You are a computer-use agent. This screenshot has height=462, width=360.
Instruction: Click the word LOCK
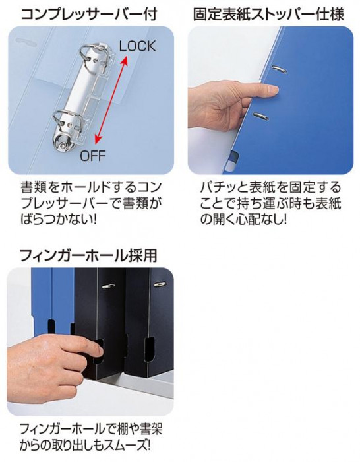[137, 47]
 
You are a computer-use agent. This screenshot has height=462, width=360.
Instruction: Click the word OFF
[93, 156]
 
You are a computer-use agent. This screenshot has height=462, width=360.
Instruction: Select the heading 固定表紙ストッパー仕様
[268, 14]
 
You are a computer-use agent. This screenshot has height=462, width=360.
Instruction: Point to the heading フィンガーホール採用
[88, 255]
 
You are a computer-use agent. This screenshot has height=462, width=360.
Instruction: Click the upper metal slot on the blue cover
[280, 69]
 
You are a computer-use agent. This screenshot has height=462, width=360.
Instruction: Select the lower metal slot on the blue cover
[261, 115]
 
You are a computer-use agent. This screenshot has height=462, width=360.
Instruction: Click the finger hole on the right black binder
[149, 349]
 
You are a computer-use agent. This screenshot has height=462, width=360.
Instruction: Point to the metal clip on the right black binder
[160, 284]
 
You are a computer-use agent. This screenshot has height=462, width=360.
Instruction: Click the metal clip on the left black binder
[108, 285]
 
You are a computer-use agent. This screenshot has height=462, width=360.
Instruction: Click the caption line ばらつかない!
[58, 219]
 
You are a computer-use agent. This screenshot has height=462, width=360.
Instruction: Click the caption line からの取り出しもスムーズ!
[85, 445]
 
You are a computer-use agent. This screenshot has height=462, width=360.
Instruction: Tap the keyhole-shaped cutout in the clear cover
[28, 42]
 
